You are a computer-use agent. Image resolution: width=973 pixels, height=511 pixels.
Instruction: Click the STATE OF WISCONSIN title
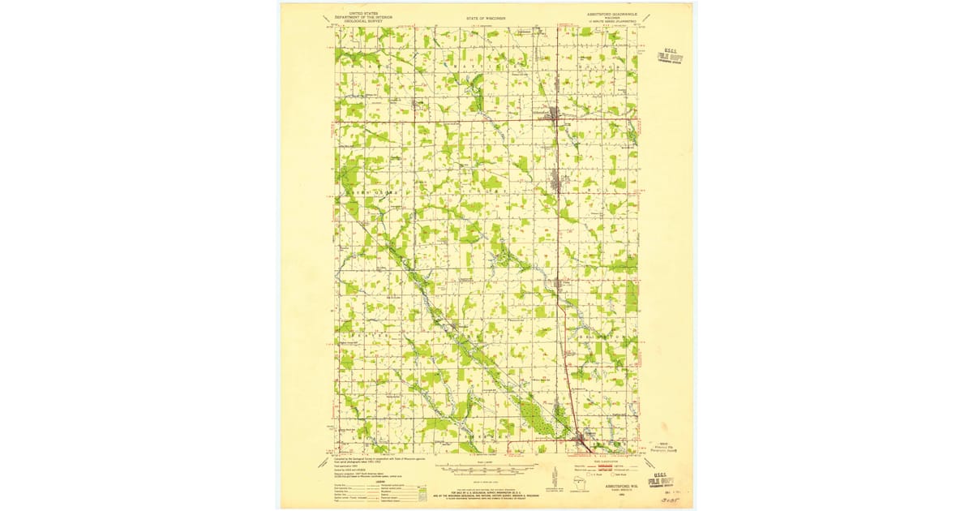point(486,16)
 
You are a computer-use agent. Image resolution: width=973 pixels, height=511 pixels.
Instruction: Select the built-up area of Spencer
point(581,442)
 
